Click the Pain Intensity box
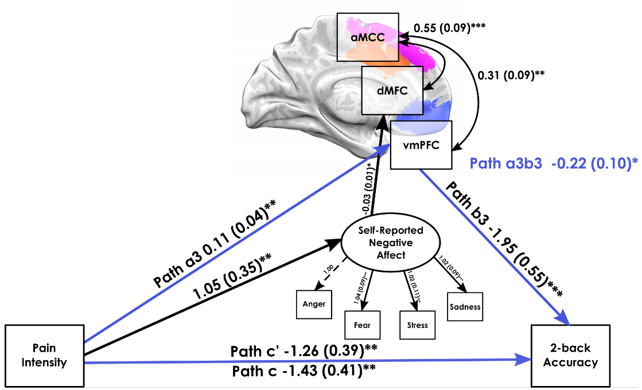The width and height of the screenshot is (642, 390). (45, 356)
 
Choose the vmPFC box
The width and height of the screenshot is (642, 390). (421, 145)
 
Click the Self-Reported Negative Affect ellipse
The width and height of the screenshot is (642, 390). (391, 243)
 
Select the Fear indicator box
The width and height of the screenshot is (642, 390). (362, 325)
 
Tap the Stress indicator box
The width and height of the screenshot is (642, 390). (417, 325)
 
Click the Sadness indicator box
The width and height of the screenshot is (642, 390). (465, 307)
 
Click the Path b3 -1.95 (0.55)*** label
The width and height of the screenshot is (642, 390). (504, 239)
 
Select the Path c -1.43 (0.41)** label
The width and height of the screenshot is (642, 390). (304, 372)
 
